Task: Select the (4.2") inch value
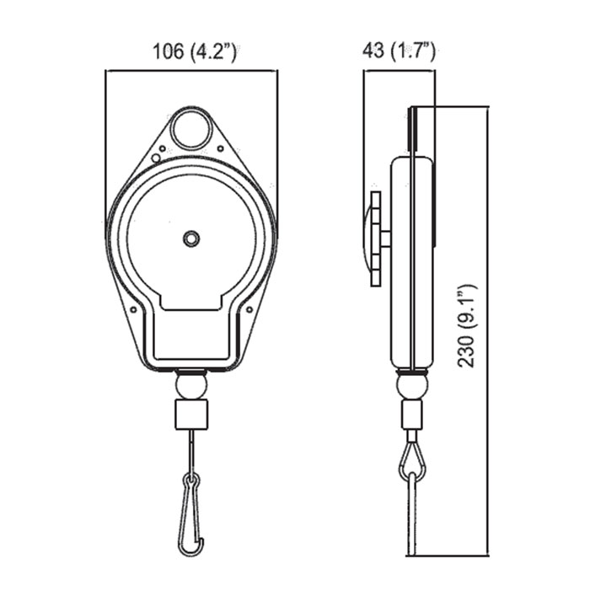(213, 51)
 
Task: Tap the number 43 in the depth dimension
(373, 51)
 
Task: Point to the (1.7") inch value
(413, 51)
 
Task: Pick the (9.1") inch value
(467, 308)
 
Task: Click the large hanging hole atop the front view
(191, 130)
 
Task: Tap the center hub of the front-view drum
(191, 239)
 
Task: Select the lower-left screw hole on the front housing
(133, 309)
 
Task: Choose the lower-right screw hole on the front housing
(249, 309)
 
